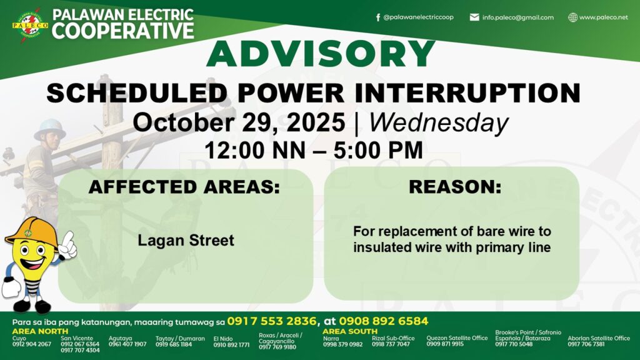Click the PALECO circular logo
click(30, 25)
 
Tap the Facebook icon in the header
click(378, 17)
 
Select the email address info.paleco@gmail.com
click(517, 17)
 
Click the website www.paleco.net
click(603, 17)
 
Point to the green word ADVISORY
click(321, 54)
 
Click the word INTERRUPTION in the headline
click(467, 92)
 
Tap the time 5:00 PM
click(378, 150)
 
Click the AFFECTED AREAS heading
click(184, 187)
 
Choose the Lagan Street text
click(186, 240)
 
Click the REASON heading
click(455, 187)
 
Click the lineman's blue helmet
click(50, 129)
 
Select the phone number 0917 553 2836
click(272, 321)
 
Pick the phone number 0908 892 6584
click(384, 321)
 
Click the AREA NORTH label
click(40, 331)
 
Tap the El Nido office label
click(223, 339)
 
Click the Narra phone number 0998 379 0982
click(343, 344)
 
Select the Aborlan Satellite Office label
click(599, 338)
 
